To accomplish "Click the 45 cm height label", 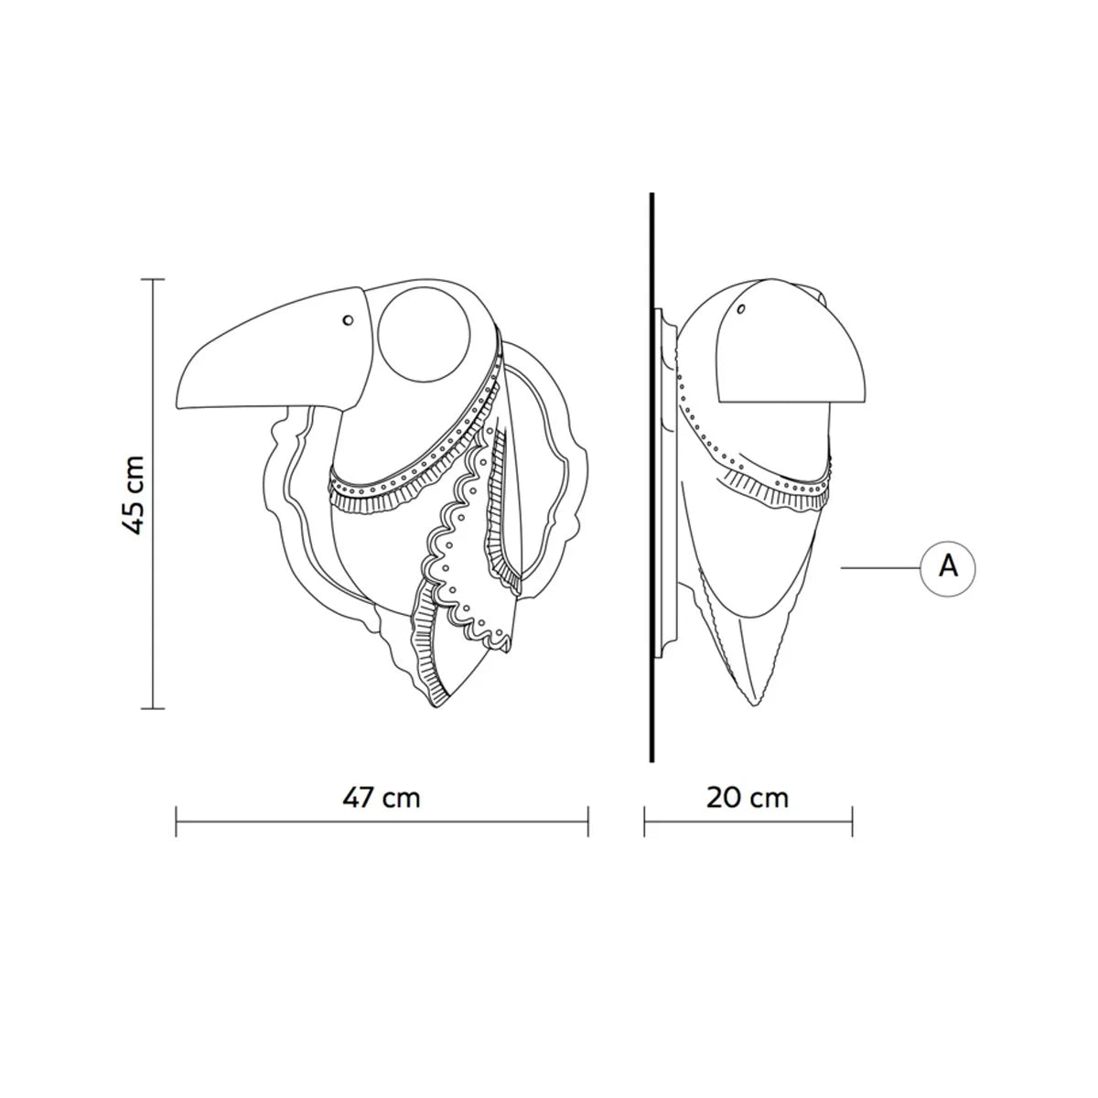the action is click(134, 495).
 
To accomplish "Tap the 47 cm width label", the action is click(382, 797).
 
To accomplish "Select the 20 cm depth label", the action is click(748, 798).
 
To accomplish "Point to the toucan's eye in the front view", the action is click(348, 320).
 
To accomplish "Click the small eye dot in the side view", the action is click(741, 309).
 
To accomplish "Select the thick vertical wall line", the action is click(651, 478).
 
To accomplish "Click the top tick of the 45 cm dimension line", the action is click(153, 280).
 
